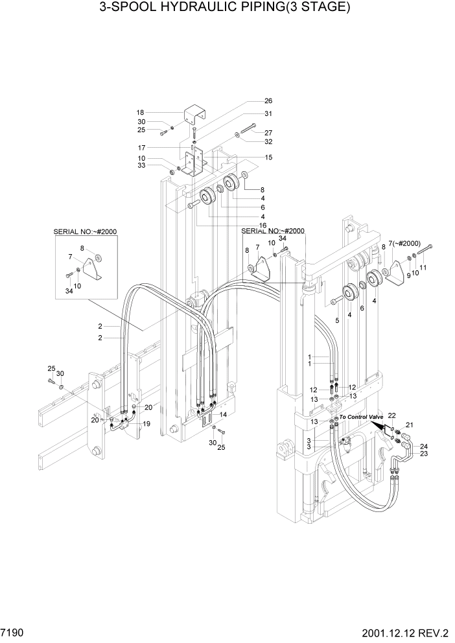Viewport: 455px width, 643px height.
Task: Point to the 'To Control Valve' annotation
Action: pos(362,417)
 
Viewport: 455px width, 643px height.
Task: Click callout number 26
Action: pos(268,101)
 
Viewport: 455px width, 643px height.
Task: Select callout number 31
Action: pos(268,113)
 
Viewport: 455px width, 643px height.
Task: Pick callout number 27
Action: pos(268,133)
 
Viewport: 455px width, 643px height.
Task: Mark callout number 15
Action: pos(268,158)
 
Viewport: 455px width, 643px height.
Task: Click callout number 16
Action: pos(263,225)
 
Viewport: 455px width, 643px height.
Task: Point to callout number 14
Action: pos(222,414)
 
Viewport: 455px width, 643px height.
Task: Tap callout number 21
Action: pos(409,425)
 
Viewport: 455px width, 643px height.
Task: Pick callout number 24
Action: pos(423,446)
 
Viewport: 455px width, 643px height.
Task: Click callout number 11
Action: pos(423,267)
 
